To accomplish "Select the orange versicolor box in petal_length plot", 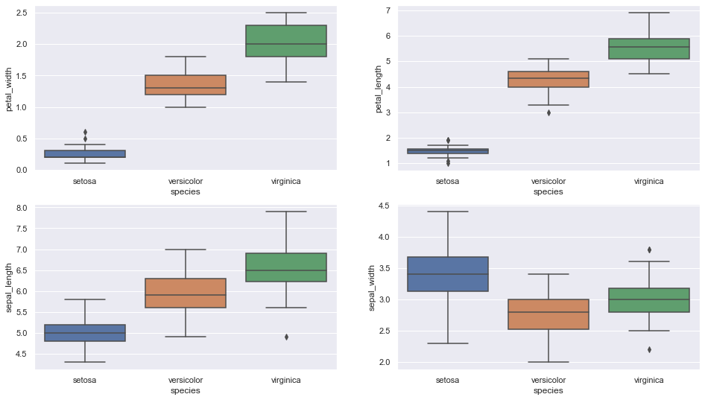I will [548, 79].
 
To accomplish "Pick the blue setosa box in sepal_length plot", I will [85, 333].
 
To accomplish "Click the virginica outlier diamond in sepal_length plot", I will [286, 337].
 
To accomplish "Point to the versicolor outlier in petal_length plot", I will [548, 112].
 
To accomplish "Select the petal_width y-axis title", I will [10, 88].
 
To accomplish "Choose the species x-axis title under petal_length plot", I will [548, 191].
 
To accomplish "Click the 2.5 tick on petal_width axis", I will [21, 13].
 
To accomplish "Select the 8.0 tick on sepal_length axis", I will [21, 208].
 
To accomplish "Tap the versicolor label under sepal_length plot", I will [186, 380].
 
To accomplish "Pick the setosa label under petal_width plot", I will [85, 181].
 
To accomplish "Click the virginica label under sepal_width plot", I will [649, 380].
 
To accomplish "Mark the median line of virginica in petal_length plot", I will [649, 47].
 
